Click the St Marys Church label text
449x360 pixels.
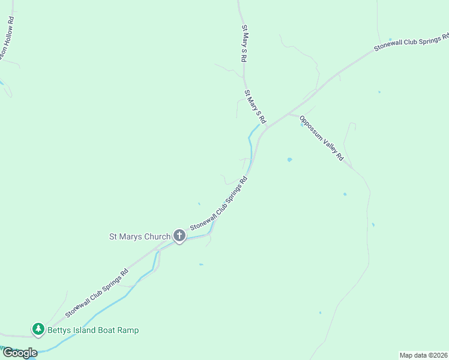pos(140,236)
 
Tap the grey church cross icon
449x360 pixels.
pos(179,236)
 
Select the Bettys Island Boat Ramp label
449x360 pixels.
pos(94,330)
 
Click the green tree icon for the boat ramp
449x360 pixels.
pos(38,329)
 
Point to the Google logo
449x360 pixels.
pos(20,353)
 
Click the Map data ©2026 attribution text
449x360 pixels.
pos(423,355)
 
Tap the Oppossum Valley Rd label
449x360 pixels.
pos(322,138)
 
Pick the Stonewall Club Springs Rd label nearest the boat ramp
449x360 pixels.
pos(97,292)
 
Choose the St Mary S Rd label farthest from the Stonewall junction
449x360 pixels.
pos(245,44)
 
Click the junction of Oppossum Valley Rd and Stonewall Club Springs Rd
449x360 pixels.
pos(289,113)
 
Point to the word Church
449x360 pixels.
pos(157,236)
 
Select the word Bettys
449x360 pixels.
pos(61,330)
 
